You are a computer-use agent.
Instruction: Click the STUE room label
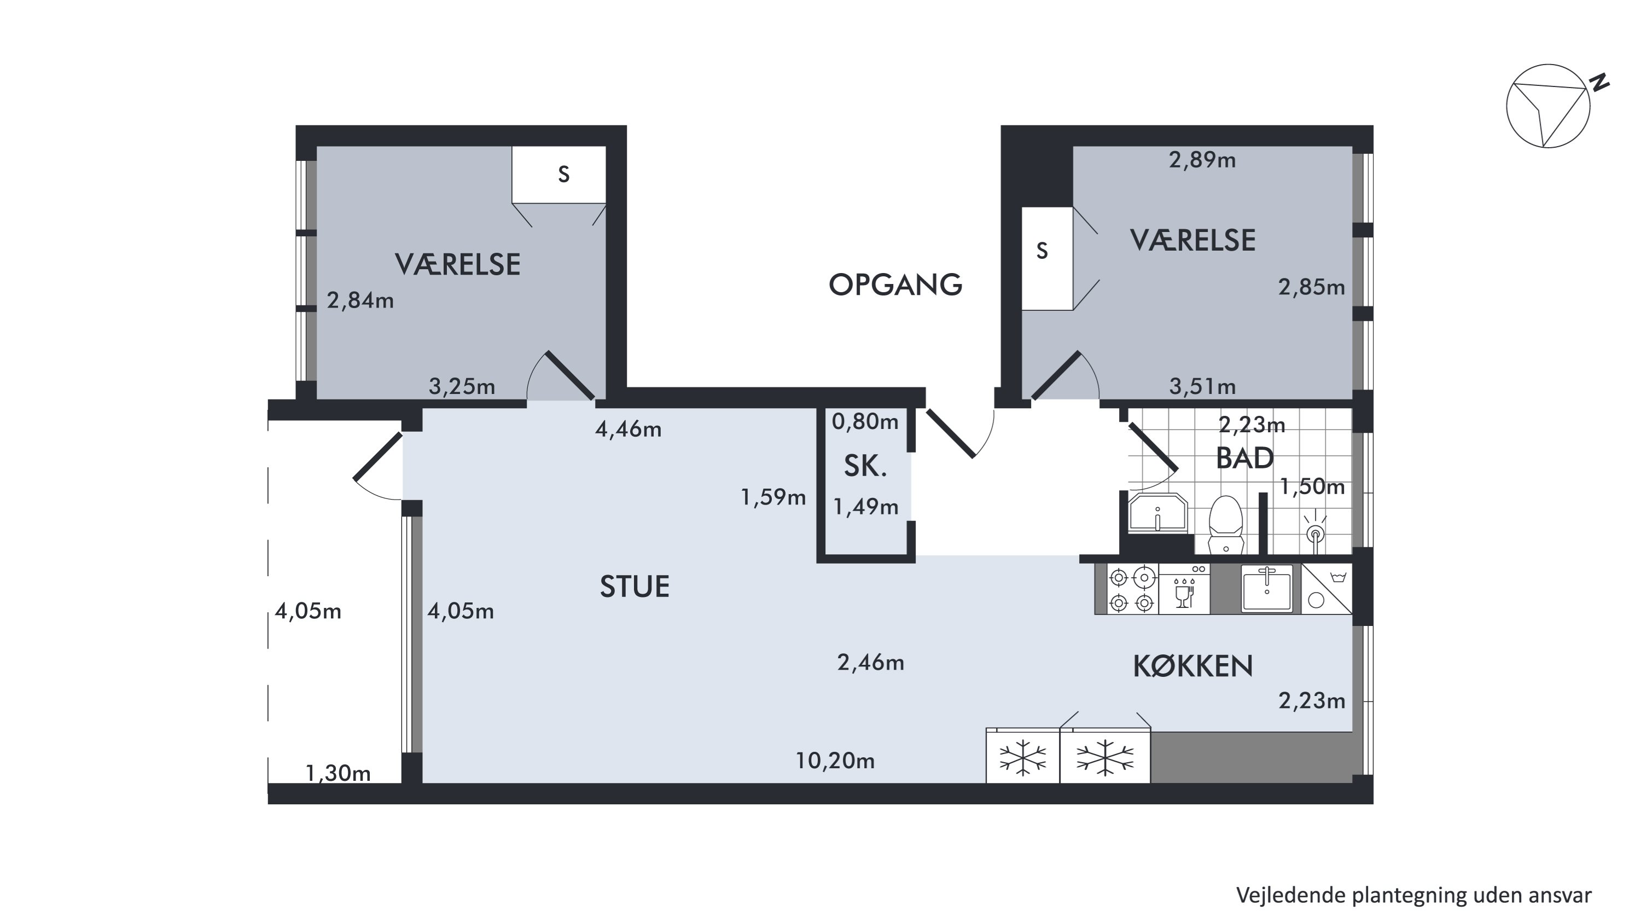coord(635,586)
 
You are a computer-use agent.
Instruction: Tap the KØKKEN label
coord(1192,666)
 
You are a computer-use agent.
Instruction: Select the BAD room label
coord(1244,458)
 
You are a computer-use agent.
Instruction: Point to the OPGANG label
coord(895,285)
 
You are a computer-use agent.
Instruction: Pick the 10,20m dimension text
coord(835,761)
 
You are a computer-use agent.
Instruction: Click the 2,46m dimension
coord(870,663)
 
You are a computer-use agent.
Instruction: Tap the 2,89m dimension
coord(1202,160)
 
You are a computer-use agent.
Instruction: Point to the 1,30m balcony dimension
coord(338,773)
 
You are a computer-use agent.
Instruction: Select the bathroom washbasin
coord(1157,512)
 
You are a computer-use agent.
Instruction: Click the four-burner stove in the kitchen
coord(1133,589)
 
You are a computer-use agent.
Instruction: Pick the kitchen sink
coord(1267,588)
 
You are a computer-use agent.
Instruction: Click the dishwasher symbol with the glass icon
coord(1184,589)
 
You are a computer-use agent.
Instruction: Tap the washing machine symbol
coord(1326,589)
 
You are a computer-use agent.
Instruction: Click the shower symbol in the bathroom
coord(1315,530)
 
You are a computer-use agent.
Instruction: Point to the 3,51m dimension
coord(1202,386)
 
